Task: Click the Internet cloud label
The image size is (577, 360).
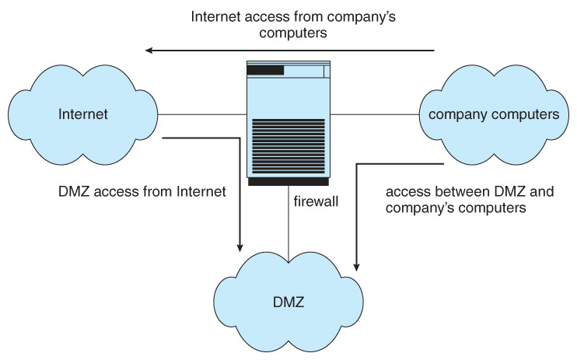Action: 82,114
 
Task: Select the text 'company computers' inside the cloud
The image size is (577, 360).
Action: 494,114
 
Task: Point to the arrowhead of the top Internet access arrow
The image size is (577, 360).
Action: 148,51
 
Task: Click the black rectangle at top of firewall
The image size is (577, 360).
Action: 265,71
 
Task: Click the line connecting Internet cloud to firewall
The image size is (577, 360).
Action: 202,114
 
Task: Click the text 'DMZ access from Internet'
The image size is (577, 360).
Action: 142,190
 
